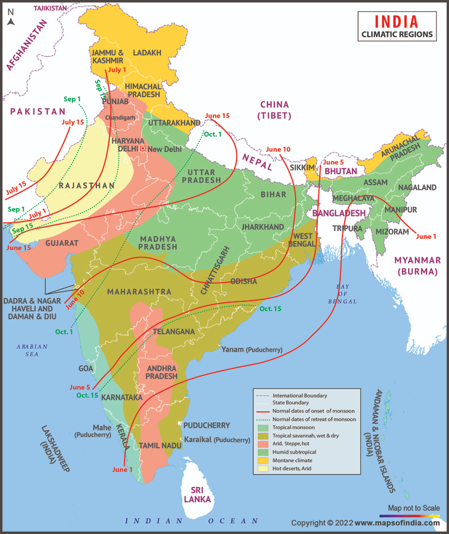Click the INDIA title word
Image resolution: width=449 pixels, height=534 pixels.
[x=396, y=21]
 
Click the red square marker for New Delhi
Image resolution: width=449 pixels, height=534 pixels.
[x=143, y=149]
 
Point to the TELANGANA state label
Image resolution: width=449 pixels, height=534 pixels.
[x=173, y=332]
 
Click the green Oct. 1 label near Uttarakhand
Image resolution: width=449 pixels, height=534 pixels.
[x=213, y=134]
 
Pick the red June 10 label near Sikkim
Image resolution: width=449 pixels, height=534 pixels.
[x=278, y=149]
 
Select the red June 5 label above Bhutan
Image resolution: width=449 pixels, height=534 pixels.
[x=333, y=162]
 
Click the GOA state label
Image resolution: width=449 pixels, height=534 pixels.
[x=86, y=369]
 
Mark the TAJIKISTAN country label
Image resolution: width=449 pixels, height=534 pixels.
[x=51, y=8]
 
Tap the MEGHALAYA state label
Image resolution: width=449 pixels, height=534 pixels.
[x=354, y=199]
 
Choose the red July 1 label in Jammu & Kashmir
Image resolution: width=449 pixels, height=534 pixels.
[x=117, y=70]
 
